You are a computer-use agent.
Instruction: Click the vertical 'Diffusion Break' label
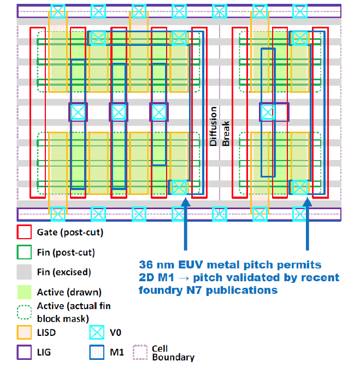(219, 126)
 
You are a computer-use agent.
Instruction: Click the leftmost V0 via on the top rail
(58, 10)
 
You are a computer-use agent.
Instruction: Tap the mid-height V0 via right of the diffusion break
(267, 112)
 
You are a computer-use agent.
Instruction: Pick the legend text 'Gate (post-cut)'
(70, 232)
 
